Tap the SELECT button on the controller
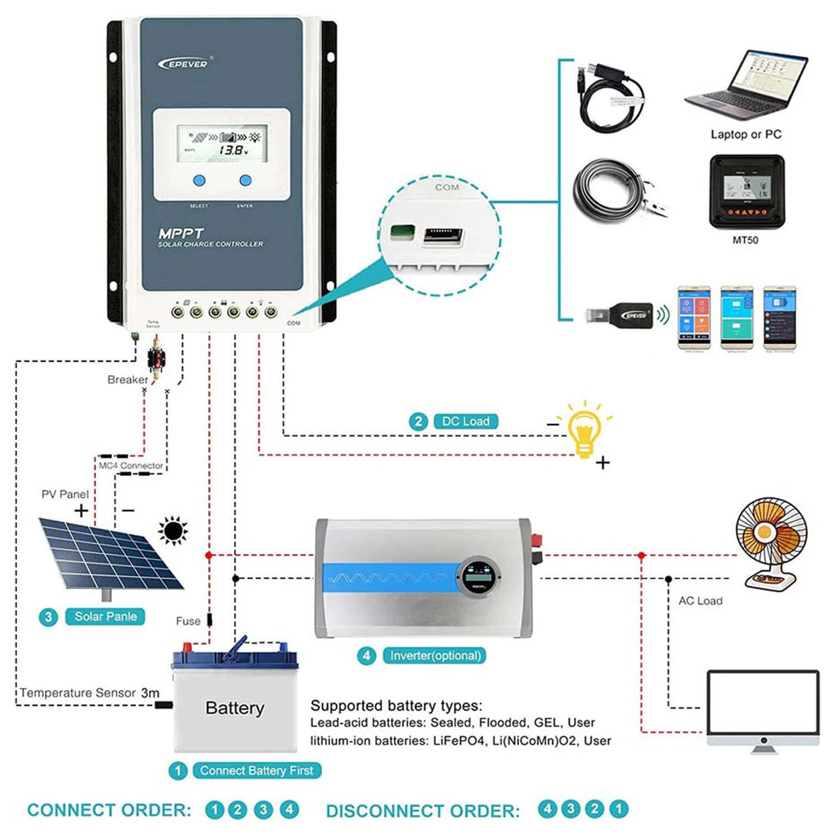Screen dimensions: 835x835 coord(199,181)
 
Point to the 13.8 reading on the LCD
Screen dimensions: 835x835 coord(232,150)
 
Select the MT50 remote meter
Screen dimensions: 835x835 coord(746,191)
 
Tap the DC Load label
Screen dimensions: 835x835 coord(466,422)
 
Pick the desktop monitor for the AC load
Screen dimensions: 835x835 coord(763,710)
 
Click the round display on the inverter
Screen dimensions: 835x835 coord(479,578)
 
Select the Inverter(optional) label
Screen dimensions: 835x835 coord(436,655)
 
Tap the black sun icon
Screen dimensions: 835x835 coord(173,532)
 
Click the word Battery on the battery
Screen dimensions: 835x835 coord(234,708)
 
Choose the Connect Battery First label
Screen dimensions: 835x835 coord(256,770)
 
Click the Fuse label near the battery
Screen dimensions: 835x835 coord(188,621)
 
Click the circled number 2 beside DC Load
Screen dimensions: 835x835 coord(418,422)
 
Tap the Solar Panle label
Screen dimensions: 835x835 coord(105,617)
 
